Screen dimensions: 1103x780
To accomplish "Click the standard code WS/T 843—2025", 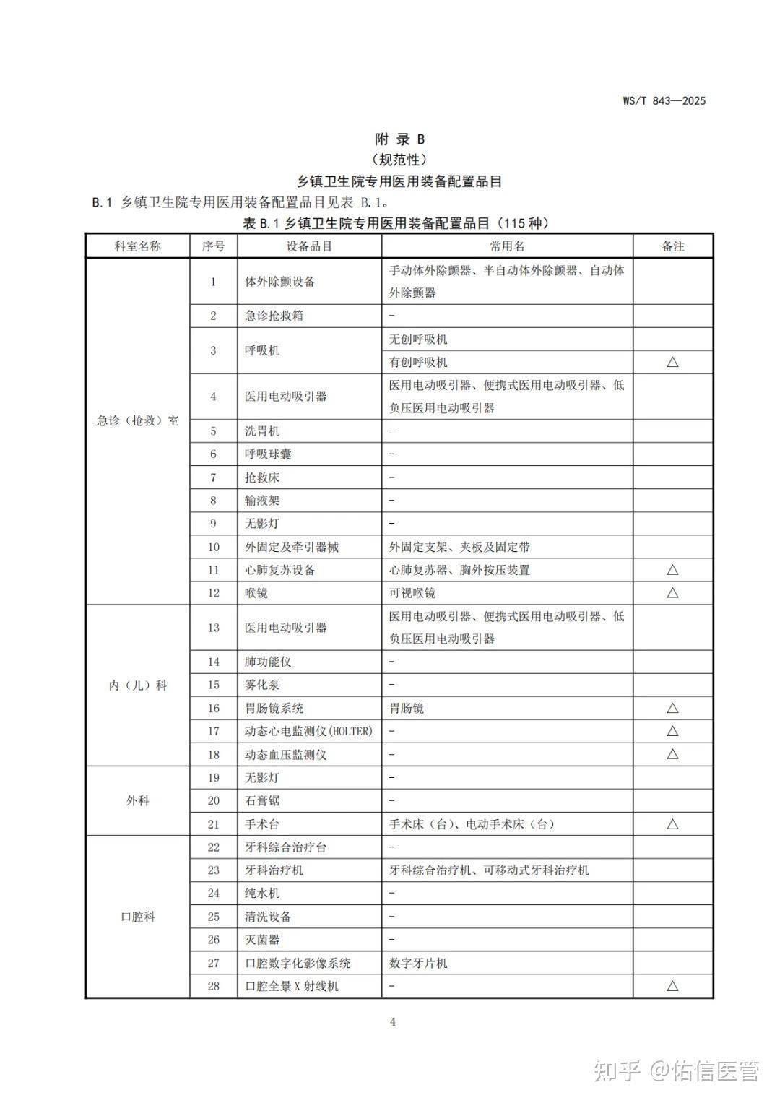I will (x=664, y=101).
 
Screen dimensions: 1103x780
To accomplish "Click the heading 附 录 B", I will (x=399, y=139).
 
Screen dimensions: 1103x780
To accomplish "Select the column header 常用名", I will (x=507, y=246).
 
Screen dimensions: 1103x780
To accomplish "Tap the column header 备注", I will (x=672, y=246).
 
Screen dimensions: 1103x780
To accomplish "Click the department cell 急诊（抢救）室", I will (x=138, y=420).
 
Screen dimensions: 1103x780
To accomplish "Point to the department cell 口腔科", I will (x=138, y=917).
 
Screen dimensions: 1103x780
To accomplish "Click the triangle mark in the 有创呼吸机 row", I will (x=672, y=362).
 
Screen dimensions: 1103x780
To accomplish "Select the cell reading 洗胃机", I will (x=262, y=431).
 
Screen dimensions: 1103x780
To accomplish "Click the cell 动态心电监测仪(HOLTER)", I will (x=308, y=731).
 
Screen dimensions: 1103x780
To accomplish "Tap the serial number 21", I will (x=213, y=824).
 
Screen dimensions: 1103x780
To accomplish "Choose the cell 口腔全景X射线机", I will (x=292, y=986).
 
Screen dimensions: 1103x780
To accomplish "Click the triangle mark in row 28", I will (x=672, y=986).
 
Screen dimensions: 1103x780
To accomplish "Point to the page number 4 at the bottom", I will (x=392, y=1021).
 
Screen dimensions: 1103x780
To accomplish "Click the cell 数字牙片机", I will (x=418, y=963).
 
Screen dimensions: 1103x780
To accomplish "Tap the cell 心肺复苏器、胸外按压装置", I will (x=459, y=570).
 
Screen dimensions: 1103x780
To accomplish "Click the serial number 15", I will (x=213, y=685).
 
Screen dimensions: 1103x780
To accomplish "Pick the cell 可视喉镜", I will (x=412, y=593).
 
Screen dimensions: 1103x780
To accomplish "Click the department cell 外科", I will (x=138, y=800).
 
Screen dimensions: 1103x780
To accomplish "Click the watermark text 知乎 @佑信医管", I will (x=676, y=1071).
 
